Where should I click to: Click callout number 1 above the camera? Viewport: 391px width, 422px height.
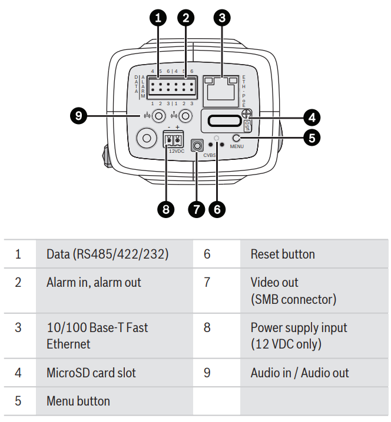(158, 18)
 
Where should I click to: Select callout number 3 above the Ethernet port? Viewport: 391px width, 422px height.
(221, 18)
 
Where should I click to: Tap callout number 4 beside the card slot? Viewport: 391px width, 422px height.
(312, 116)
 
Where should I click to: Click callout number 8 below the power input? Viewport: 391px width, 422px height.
(167, 209)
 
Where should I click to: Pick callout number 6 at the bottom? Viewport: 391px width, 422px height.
(217, 209)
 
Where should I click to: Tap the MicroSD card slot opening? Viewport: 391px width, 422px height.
(222, 121)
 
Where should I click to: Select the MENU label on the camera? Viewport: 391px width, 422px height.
(237, 145)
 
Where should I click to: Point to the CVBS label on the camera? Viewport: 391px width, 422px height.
(210, 155)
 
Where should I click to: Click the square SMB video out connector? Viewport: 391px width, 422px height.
(197, 143)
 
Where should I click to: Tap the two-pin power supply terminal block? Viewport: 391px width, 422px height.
(173, 139)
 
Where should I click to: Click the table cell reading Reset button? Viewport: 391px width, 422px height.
(283, 254)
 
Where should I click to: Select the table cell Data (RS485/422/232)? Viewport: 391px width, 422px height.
(107, 254)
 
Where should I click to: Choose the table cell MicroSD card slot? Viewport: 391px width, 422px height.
(91, 373)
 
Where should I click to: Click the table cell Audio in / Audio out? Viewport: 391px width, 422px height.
(300, 373)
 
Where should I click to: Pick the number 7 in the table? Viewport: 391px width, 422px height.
(207, 283)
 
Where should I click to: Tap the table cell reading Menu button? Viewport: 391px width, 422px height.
(78, 401)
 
